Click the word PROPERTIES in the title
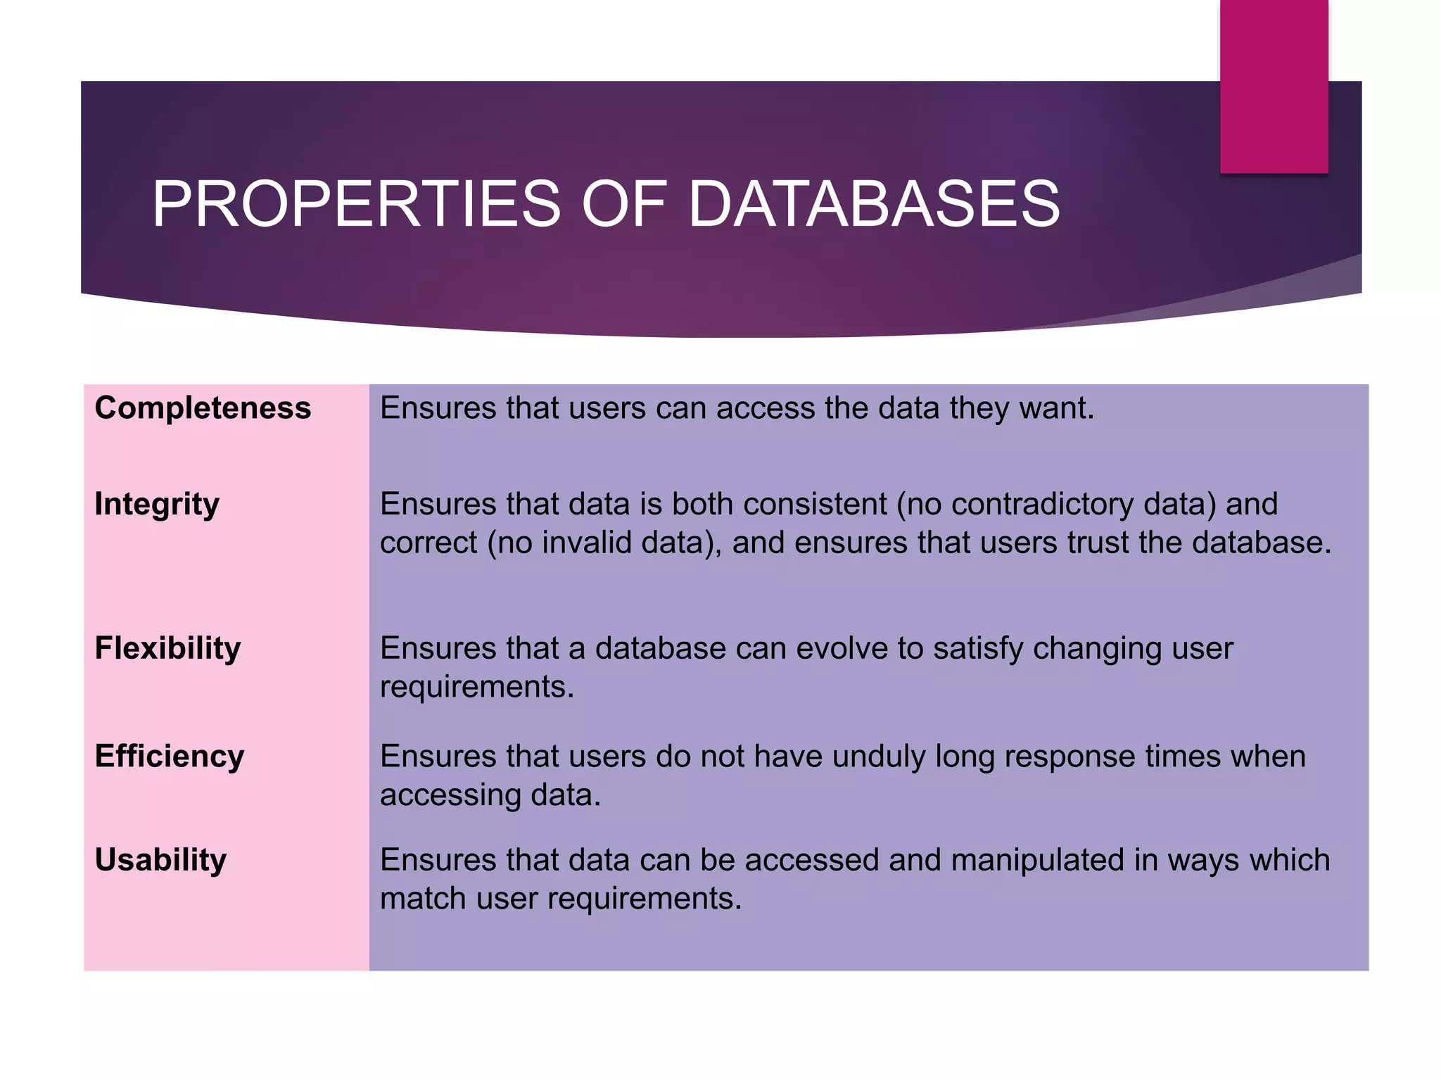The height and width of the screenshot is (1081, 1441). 356,204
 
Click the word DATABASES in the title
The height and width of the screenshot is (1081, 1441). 874,204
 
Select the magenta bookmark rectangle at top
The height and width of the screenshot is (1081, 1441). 1274,86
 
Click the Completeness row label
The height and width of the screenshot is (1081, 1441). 203,408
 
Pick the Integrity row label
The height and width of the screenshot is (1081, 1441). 157,505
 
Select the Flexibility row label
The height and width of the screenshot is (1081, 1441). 167,648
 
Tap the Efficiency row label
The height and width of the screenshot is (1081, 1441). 170,757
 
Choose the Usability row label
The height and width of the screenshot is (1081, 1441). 160,860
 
